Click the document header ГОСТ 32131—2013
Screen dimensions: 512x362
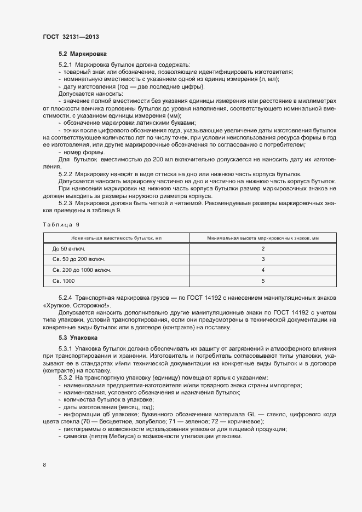71,37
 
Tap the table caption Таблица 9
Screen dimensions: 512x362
61,224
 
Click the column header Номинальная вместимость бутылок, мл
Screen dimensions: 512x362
116,237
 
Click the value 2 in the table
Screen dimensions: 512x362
263,248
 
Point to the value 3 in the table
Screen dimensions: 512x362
263,259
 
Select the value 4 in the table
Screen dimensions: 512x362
263,270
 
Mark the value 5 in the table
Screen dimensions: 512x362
263,281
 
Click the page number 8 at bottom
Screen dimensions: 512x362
44,465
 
